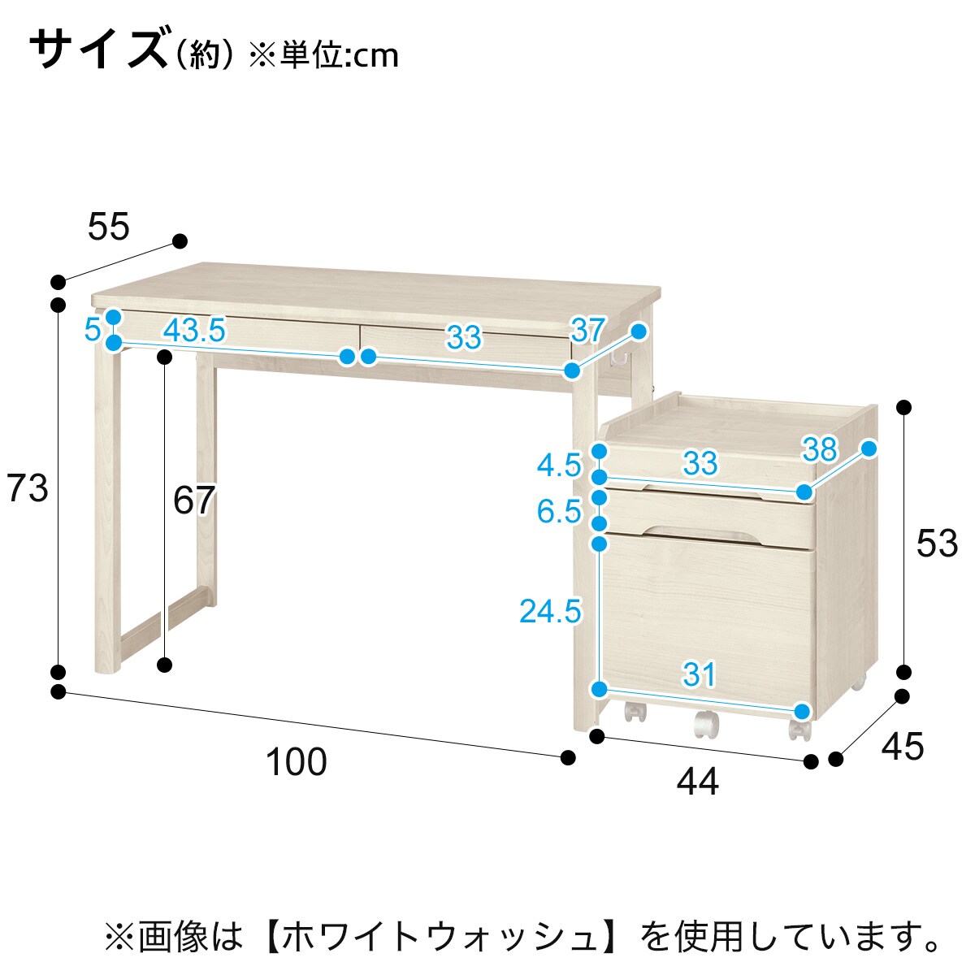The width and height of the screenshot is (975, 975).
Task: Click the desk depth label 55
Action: tap(109, 227)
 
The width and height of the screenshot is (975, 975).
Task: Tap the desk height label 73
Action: tap(28, 489)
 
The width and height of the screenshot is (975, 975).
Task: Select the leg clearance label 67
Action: tap(194, 500)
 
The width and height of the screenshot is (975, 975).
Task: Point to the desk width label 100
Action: tap(297, 762)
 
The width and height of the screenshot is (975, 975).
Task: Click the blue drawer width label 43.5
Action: tap(194, 330)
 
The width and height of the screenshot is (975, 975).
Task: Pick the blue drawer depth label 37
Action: tap(587, 330)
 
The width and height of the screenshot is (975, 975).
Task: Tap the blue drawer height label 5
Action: tap(93, 330)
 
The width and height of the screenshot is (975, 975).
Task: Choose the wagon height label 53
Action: tap(937, 544)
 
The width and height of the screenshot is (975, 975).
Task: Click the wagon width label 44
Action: tap(698, 781)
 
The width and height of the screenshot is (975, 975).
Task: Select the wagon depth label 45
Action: tap(903, 747)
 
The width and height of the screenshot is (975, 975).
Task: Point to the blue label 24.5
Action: tap(551, 611)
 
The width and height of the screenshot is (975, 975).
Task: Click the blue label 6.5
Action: tap(559, 511)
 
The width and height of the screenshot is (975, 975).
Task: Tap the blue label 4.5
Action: tap(559, 465)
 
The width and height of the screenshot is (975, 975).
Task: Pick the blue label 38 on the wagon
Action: tap(820, 448)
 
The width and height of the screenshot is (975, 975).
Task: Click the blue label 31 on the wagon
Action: tap(700, 674)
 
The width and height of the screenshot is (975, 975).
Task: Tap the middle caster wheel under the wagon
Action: tap(706, 725)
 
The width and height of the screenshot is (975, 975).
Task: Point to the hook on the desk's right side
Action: tap(617, 358)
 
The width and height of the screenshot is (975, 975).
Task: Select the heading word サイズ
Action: tap(99, 50)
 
